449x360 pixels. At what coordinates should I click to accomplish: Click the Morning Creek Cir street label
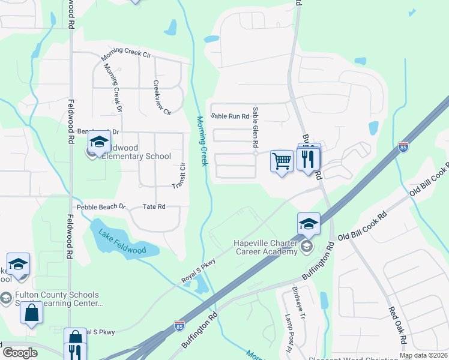tap(125, 54)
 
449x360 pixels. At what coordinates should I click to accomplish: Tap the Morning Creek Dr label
tap(112, 88)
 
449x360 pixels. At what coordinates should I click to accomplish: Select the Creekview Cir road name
tap(163, 98)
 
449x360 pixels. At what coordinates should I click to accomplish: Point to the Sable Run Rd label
tap(230, 116)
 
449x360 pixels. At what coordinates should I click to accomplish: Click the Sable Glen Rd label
tap(255, 127)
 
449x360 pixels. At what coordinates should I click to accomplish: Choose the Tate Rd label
tap(154, 206)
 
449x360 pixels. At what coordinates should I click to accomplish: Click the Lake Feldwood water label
tap(118, 239)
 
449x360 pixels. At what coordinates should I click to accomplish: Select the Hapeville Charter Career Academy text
tap(265, 247)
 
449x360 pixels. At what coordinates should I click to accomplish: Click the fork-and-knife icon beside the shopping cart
tap(309, 159)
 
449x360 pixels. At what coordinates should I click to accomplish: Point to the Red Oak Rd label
tap(397, 327)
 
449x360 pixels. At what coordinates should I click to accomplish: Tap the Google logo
tap(20, 352)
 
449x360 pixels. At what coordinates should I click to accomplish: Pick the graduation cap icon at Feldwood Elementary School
tap(98, 142)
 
